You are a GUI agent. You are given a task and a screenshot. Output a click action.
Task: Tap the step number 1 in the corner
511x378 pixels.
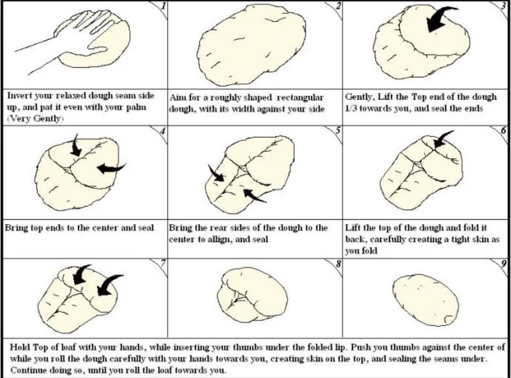click(164, 6)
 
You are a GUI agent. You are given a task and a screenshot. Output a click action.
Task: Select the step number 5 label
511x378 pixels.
click(338, 130)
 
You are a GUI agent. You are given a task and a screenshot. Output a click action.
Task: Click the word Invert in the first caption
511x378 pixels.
click(19, 96)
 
